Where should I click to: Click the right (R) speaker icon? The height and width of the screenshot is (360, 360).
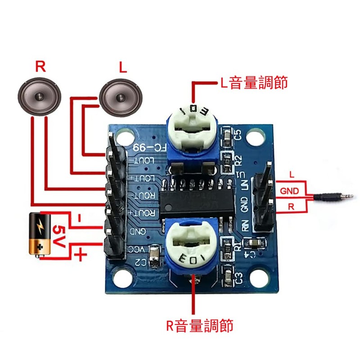pos(40,96)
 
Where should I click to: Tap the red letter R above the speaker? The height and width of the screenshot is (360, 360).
pos(40,67)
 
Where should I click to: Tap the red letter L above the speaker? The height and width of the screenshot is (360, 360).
pos(122,68)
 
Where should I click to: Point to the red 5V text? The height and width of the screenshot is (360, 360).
pos(60,235)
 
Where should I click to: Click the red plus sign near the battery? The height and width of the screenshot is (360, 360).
pos(80,256)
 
